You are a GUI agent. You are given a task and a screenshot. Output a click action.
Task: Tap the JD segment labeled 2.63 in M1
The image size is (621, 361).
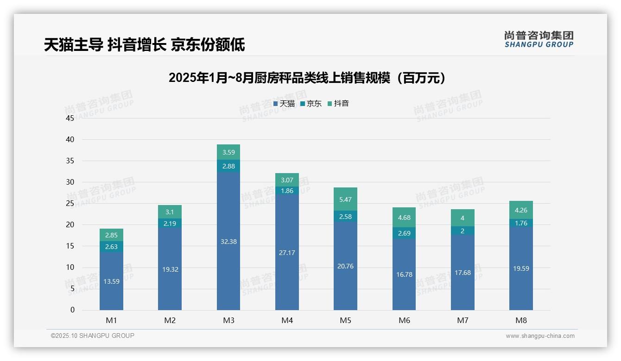pyautogui.click(x=111, y=247)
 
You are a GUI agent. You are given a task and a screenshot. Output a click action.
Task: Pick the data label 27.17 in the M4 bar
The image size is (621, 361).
pyautogui.click(x=287, y=253)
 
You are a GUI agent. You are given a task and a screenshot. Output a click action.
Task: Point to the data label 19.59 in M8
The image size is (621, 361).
pyautogui.click(x=521, y=268)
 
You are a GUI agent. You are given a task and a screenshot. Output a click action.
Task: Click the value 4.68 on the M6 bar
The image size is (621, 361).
pyautogui.click(x=404, y=218)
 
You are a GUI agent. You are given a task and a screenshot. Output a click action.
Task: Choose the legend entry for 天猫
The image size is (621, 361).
pyautogui.click(x=284, y=104)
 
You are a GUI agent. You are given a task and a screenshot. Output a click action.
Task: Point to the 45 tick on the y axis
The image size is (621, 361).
pyautogui.click(x=70, y=118)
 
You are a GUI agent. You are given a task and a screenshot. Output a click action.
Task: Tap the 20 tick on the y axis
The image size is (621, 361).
pyautogui.click(x=70, y=224)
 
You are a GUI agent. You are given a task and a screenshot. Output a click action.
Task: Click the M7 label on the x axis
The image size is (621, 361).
pyautogui.click(x=463, y=320)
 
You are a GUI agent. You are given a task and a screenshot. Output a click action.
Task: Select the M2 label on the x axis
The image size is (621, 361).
pyautogui.click(x=170, y=320)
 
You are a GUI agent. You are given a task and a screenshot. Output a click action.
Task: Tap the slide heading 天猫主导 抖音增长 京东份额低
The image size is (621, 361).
pyautogui.click(x=144, y=45)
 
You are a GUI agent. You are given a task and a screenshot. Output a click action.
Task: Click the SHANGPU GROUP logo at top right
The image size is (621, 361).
pyautogui.click(x=539, y=39)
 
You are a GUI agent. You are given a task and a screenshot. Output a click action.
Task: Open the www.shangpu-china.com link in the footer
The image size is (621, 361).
pyautogui.click(x=540, y=336)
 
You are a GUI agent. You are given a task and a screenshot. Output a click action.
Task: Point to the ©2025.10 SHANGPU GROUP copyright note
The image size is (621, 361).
pyautogui.click(x=93, y=336)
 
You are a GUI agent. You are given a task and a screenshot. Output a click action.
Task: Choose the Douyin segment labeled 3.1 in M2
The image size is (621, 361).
pyautogui.click(x=170, y=212)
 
